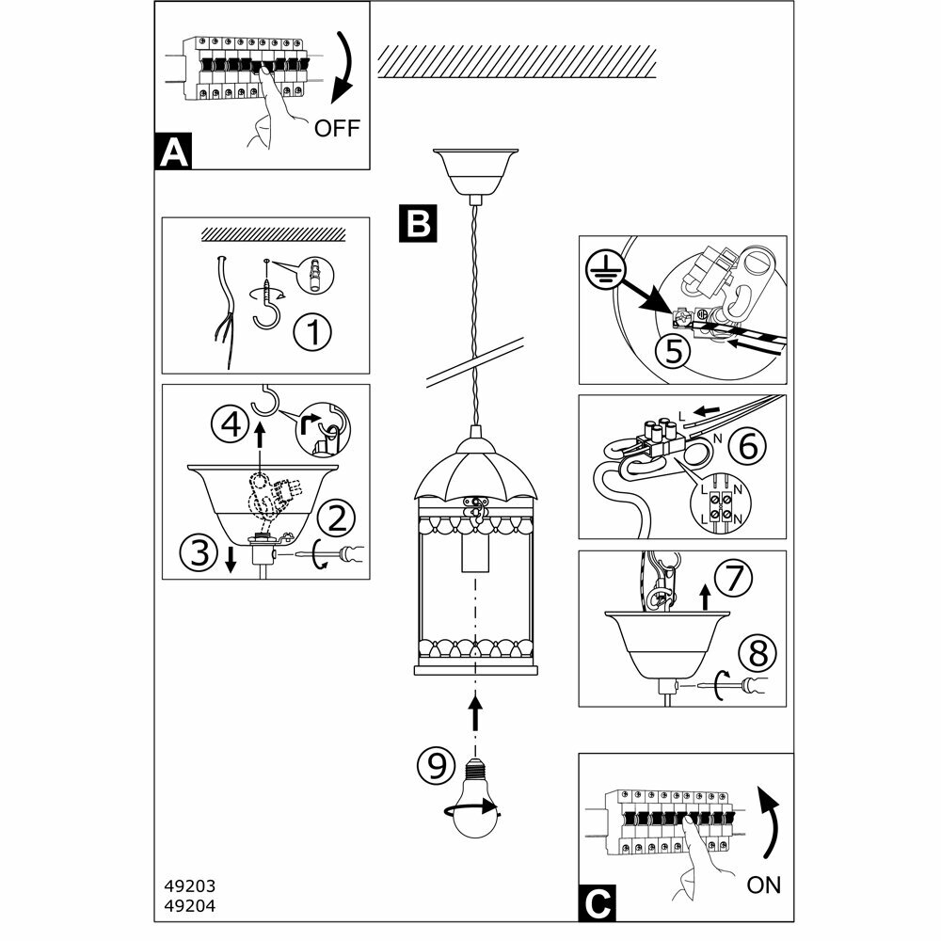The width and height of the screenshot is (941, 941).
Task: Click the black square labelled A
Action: [x=173, y=152]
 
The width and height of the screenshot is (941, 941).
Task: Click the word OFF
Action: [x=337, y=128]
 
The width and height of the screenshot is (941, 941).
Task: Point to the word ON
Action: [x=763, y=884]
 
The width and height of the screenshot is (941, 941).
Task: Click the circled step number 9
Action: [x=436, y=765]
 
